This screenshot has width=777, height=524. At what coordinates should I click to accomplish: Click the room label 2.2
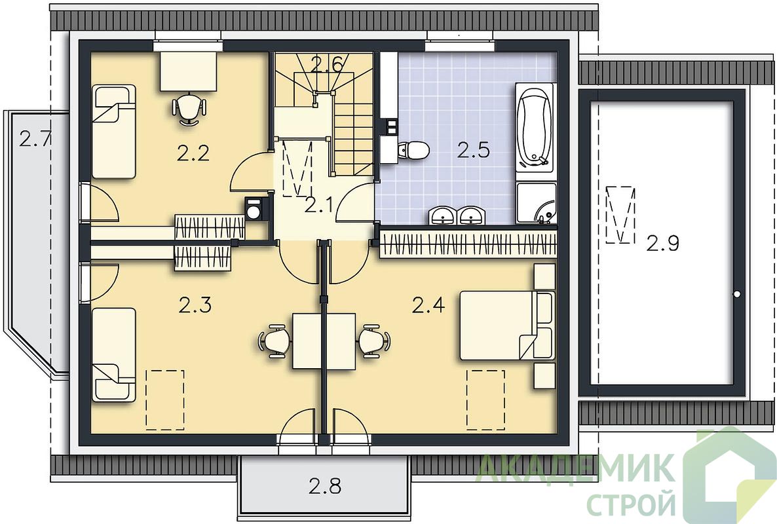point(193,153)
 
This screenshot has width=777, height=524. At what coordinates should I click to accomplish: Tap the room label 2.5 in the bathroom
point(473,150)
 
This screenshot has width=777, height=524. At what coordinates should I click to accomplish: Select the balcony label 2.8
point(325,486)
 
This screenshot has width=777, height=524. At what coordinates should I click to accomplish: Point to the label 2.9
point(662,243)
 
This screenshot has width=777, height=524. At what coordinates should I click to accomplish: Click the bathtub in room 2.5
point(534,127)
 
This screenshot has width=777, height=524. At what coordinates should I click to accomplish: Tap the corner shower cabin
point(536,203)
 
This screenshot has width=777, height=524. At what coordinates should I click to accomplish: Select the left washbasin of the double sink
point(442,216)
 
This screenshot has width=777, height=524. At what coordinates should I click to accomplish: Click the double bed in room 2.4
point(506,326)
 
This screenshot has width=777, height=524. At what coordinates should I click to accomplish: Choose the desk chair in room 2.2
point(188,109)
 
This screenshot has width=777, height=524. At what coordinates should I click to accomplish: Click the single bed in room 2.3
point(114,354)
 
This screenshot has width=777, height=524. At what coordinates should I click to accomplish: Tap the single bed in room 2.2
point(114,132)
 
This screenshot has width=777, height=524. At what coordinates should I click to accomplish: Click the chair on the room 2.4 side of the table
point(373,341)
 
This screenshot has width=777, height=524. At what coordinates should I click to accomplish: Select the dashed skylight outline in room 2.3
point(165,399)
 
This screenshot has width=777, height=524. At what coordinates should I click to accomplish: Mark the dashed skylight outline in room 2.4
point(485,399)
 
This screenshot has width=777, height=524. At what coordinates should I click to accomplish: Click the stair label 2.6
point(326,65)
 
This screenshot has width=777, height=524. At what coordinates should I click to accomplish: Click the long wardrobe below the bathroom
point(467,244)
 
